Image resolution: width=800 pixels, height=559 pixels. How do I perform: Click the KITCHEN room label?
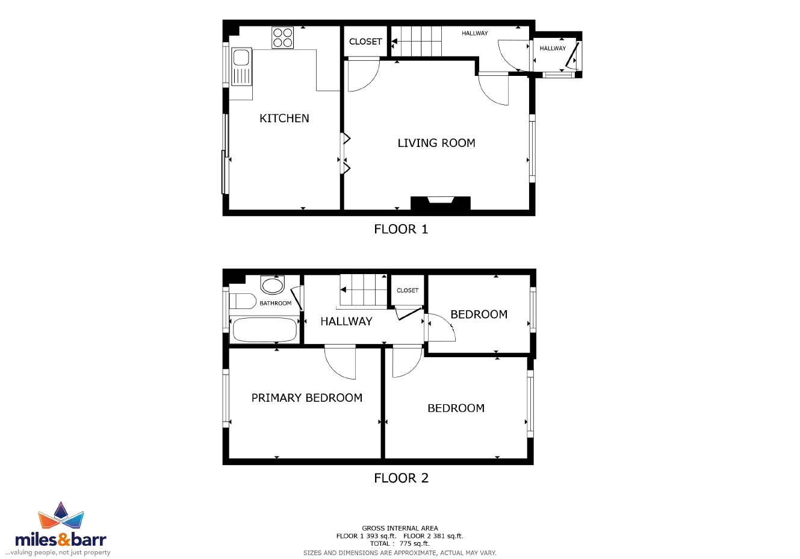tap(284, 118)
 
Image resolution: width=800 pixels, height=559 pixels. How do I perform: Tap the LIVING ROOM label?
tap(436, 143)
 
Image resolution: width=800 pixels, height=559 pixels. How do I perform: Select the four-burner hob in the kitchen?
tap(282, 37)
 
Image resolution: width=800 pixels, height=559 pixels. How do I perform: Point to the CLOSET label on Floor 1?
tap(365, 42)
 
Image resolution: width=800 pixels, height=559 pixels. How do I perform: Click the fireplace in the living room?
tap(441, 203)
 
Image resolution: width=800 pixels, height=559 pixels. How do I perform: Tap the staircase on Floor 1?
tap(417, 42)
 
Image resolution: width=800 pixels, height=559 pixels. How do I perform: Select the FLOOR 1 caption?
tap(401, 229)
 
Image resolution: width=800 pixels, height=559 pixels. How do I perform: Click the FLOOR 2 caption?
tap(401, 478)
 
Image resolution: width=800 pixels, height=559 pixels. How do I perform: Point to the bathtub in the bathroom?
tap(265, 330)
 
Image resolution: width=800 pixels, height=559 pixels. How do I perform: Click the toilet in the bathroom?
tap(243, 301)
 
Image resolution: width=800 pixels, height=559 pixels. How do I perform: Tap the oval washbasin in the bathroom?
tap(273, 286)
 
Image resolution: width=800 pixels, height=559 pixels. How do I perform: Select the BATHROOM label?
tap(275, 303)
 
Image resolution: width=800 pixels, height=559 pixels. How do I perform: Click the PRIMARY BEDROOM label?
tap(307, 398)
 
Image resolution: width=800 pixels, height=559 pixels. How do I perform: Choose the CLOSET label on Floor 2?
tap(408, 290)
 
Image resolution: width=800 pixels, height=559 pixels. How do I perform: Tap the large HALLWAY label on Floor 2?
tap(346, 321)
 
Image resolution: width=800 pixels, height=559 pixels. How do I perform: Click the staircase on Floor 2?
tap(363, 290)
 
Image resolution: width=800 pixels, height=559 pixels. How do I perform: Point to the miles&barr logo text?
tap(61, 540)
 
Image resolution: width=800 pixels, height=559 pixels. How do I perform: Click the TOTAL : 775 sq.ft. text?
tap(400, 543)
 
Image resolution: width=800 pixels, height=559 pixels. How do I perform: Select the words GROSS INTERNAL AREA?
tap(400, 528)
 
